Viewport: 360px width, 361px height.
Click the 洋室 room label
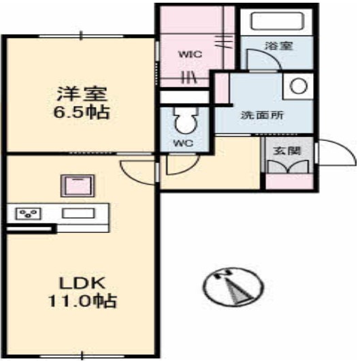[81, 91]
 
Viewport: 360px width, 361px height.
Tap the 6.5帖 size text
[81, 112]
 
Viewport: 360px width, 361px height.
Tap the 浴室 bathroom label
[278, 47]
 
